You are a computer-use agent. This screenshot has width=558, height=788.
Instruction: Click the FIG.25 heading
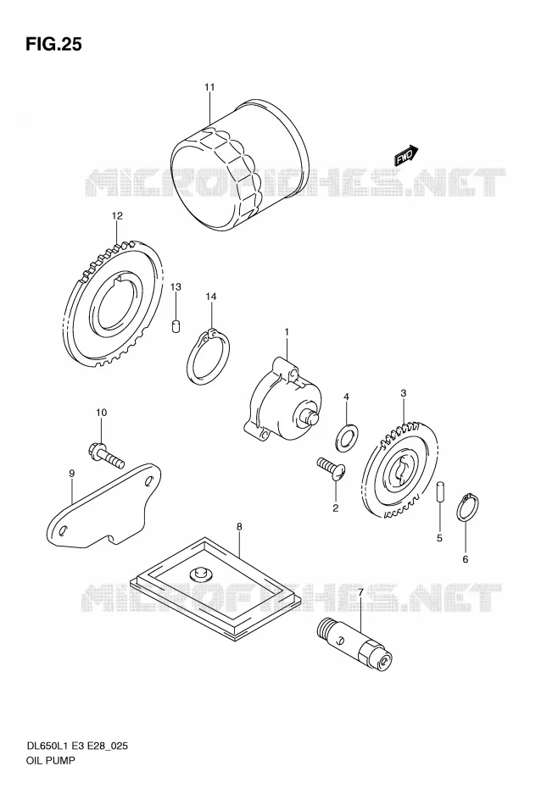click(x=53, y=45)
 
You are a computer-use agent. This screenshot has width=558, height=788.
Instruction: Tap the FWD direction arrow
click(x=406, y=155)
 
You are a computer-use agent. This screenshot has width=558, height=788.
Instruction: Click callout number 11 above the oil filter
click(x=209, y=87)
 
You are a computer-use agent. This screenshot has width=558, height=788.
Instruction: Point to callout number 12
click(x=117, y=216)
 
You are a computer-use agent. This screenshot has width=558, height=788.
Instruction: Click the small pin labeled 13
click(x=176, y=326)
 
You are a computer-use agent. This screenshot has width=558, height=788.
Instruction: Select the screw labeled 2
click(x=331, y=469)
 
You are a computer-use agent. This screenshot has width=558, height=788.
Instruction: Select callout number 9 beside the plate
click(x=71, y=473)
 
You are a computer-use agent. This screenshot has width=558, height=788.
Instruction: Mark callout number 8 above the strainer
click(x=239, y=527)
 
